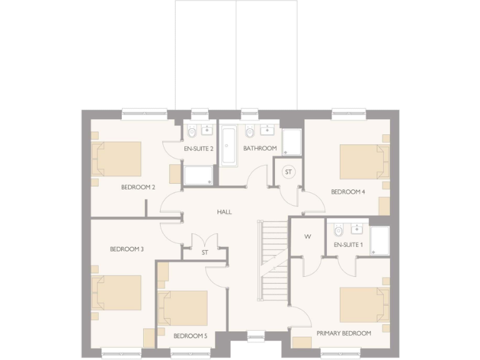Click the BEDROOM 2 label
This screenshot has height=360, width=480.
tap(138, 187)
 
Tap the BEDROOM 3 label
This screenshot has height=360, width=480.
tap(127, 249)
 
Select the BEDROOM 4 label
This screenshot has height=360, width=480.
tap(348, 192)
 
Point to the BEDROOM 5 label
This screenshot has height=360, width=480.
tap(190, 336)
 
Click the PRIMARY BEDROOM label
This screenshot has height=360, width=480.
tap(344, 333)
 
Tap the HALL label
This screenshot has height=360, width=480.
tap(224, 212)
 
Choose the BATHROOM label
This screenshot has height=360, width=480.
tap(260, 148)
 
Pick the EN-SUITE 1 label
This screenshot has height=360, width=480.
tap(348, 244)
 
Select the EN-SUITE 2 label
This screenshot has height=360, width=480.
tap(199, 149)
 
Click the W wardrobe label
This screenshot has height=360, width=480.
tap(307, 236)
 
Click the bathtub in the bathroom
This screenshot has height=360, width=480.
tap(229, 146)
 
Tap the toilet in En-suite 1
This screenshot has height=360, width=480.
tap(338, 229)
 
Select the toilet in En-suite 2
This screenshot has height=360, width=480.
tap(192, 131)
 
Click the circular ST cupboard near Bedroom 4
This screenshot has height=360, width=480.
tap(289, 172)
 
